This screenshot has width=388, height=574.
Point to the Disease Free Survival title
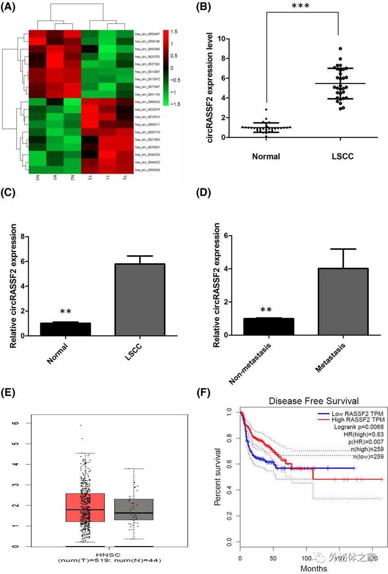[314, 400]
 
